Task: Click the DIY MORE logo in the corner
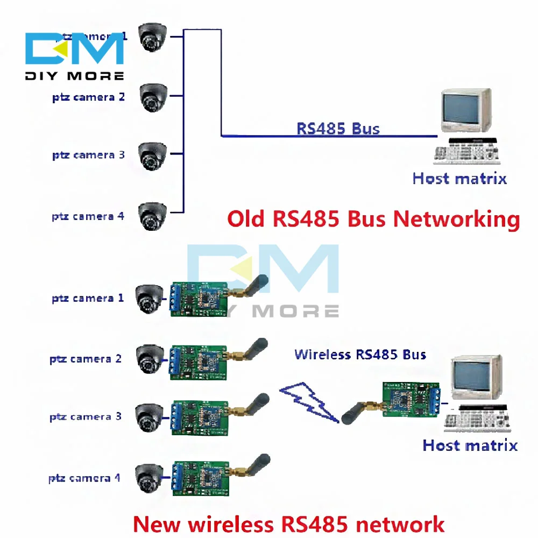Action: pyautogui.click(x=74, y=55)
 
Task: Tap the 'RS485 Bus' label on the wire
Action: pyautogui.click(x=338, y=129)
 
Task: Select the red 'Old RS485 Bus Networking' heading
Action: pyautogui.click(x=373, y=219)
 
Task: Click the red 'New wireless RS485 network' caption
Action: pyautogui.click(x=289, y=523)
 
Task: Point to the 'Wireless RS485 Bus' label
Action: pyautogui.click(x=360, y=355)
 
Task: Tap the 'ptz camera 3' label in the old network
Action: pyautogui.click(x=88, y=155)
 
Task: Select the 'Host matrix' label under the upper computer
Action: pyautogui.click(x=459, y=179)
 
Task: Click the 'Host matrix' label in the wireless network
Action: pyautogui.click(x=470, y=445)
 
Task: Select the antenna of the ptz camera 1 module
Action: pyautogui.click(x=253, y=288)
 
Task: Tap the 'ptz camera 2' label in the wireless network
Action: pyautogui.click(x=86, y=359)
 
